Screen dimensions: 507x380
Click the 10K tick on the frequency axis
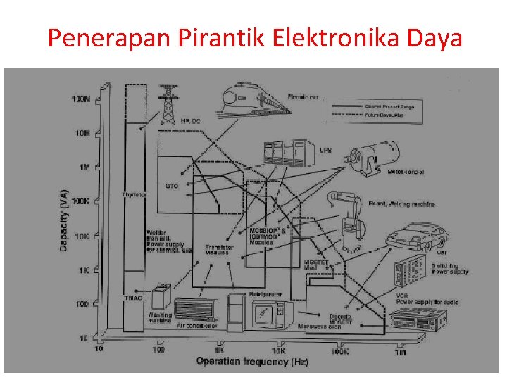279,350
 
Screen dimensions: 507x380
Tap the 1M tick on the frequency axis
400,350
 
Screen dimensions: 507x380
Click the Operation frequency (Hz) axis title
252,361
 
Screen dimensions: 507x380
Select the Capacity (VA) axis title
64,220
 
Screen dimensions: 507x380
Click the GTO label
172,186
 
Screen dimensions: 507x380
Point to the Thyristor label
134,194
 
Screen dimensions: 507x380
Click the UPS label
325,150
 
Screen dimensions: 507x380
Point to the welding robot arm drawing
349,218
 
